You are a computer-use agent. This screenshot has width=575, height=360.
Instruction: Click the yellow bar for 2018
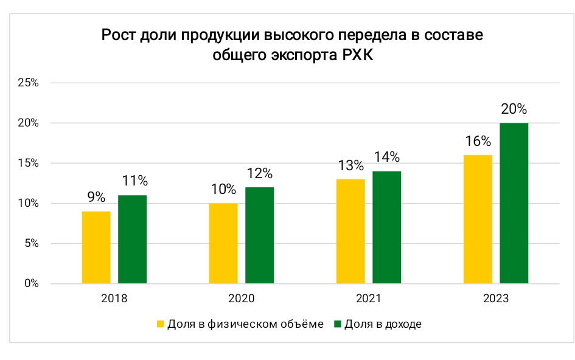(x=96, y=247)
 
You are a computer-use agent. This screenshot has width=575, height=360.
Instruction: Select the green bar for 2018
(x=133, y=240)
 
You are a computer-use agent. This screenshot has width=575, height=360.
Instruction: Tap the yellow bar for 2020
(x=223, y=243)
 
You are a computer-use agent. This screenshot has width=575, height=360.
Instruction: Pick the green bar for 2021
(x=387, y=227)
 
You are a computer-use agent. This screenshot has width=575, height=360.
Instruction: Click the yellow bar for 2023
(x=478, y=220)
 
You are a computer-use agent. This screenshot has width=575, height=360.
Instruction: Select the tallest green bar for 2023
(x=514, y=203)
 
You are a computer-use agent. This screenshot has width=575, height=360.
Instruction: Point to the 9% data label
(x=96, y=197)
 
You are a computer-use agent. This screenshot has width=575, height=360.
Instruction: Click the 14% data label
(x=387, y=157)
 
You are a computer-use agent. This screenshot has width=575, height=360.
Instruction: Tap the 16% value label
(x=478, y=141)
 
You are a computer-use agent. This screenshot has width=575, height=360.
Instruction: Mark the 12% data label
(x=260, y=173)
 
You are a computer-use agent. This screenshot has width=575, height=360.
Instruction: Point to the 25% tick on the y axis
(x=28, y=83)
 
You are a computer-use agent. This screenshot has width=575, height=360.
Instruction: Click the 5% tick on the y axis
(x=32, y=243)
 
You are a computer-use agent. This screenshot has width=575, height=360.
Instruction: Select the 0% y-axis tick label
(x=32, y=283)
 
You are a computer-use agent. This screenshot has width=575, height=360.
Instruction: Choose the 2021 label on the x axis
(x=369, y=299)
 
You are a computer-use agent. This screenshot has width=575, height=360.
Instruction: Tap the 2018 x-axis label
(x=114, y=299)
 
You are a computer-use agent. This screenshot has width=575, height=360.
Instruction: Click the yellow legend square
(x=160, y=324)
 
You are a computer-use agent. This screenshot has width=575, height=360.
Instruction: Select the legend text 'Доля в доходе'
(x=383, y=324)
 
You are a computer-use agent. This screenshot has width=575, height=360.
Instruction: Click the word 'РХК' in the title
(x=358, y=55)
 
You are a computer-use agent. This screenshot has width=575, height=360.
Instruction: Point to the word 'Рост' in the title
(x=119, y=35)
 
